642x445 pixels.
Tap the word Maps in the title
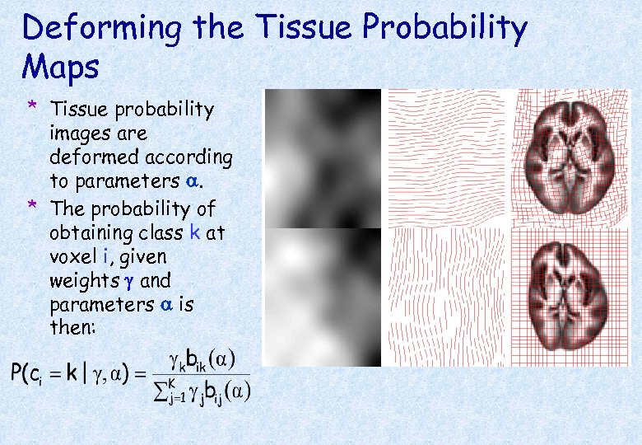(61, 67)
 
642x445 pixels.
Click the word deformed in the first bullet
(86, 157)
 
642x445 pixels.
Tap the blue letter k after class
(195, 233)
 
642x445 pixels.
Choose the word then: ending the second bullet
(72, 327)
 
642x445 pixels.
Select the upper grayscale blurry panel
(322, 158)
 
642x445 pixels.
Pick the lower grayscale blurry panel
(322, 297)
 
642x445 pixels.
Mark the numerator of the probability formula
(201, 360)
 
